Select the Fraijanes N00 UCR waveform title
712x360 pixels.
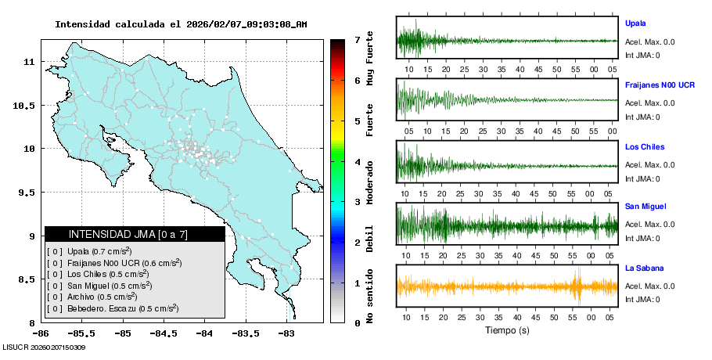(660, 85)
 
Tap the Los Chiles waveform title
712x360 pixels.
(643, 146)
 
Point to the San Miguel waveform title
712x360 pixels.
(645, 207)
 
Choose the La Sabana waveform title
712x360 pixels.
(644, 268)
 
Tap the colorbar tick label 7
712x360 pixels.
(357, 39)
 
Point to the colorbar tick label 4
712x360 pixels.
(357, 162)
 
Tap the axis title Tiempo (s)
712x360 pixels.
(506, 330)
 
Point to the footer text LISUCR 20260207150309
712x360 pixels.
(44, 347)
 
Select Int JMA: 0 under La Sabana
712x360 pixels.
(642, 299)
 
